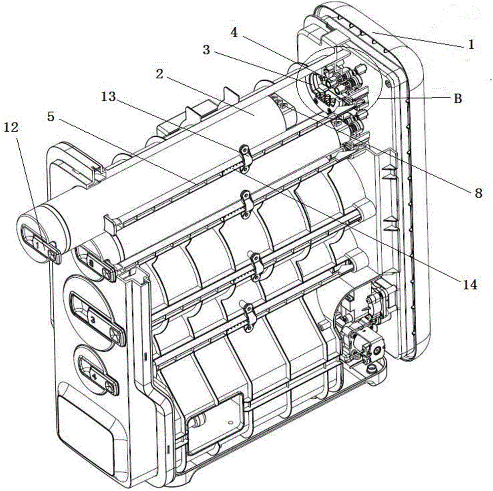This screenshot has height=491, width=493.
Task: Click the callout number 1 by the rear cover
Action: (x=471, y=45)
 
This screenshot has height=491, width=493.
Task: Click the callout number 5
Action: (x=51, y=117)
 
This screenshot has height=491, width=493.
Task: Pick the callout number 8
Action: (x=477, y=193)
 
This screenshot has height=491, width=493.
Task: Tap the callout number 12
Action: (x=12, y=128)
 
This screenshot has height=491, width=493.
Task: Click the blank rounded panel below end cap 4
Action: (x=84, y=419)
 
